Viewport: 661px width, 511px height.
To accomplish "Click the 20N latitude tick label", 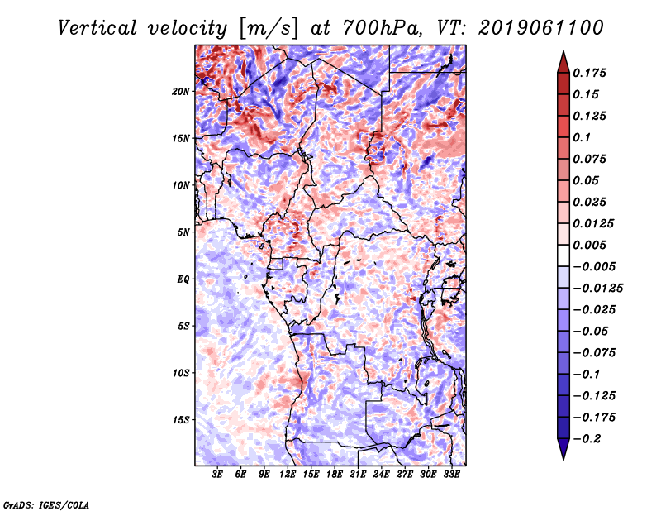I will tap(182, 91).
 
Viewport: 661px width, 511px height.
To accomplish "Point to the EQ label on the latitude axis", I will tap(183, 279).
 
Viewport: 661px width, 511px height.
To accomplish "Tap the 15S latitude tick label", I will tap(182, 420).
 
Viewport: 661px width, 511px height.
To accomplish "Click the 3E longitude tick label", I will tap(217, 475).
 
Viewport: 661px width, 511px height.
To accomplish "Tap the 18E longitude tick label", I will tap(335, 475).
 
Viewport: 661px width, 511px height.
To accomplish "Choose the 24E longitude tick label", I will tap(381, 475).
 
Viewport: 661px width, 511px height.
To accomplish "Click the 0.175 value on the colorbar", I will tap(592, 73).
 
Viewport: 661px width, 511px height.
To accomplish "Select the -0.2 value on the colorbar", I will tap(588, 438).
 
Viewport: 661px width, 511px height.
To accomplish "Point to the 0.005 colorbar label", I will tap(592, 245).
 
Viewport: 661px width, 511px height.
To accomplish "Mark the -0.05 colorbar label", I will tap(592, 331).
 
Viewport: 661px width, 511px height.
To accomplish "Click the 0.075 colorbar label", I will tap(592, 159).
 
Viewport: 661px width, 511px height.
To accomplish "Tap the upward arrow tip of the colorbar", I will tap(563, 54).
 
